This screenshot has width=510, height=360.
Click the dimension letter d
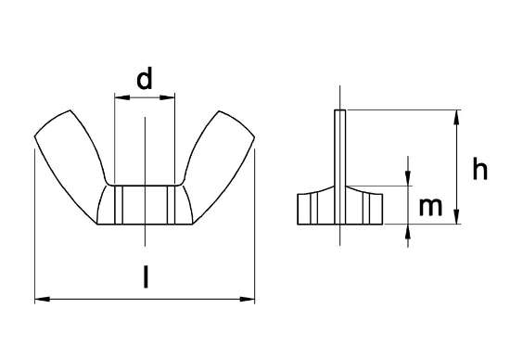pos(144,80)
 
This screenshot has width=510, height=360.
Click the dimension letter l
pos(144,276)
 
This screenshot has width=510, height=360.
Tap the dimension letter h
pos(479,169)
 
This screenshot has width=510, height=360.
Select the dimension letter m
pos(429,207)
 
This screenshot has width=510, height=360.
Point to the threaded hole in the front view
pos(145,204)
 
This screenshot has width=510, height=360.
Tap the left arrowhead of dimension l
pos(40,299)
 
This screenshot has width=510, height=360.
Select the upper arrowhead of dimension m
pos(408,180)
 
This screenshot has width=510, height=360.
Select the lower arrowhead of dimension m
pos(408,230)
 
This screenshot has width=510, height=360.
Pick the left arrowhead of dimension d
pos(118,95)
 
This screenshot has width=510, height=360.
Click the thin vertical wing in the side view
pos(340,148)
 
